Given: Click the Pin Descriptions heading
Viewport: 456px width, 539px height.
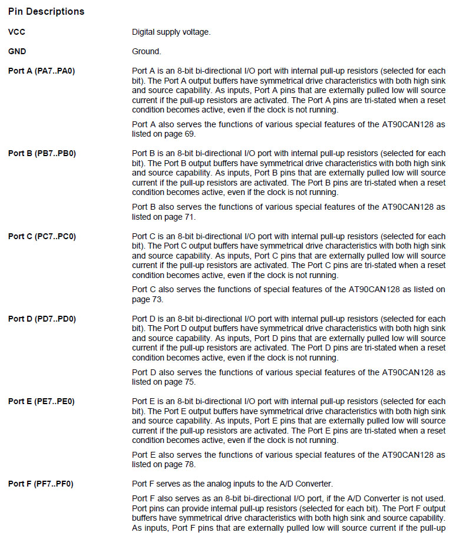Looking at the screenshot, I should pos(46,11).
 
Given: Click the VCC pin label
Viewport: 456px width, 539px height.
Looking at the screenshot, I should pos(16,32).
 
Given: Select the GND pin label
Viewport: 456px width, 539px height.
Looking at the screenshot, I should pos(17,51).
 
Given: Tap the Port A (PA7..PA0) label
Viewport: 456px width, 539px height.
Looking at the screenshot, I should pos(42,71).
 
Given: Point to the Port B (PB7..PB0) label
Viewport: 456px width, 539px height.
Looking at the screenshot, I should pos(42,154).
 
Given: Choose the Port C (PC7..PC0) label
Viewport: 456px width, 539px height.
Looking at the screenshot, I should pos(42,236).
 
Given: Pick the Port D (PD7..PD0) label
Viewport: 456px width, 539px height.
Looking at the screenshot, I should pos(42,319).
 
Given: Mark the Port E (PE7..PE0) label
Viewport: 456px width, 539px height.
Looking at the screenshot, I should pos(42,401).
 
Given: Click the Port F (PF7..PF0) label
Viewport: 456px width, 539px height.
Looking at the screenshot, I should pos(41,484).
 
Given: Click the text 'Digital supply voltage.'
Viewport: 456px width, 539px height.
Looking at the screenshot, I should pos(171,32).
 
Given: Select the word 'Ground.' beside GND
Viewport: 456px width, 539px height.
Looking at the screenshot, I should pos(146,51).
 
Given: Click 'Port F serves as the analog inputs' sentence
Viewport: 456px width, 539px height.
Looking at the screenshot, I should pos(232,484).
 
